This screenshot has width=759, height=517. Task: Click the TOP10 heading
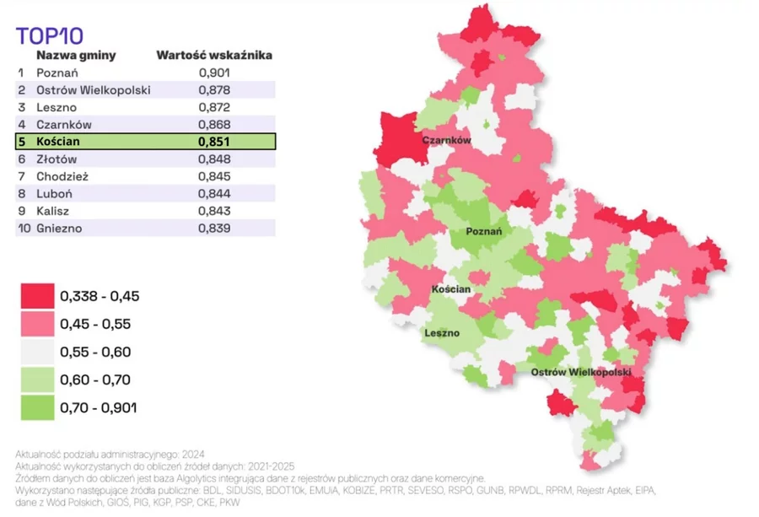tap(49, 35)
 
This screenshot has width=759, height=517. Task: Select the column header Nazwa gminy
tap(76, 56)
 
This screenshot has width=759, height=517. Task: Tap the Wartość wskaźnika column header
tap(214, 56)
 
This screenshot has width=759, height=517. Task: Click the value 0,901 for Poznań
tap(214, 73)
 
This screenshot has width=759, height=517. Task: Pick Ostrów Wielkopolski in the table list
tap(93, 90)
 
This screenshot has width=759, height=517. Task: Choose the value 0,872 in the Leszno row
tap(214, 108)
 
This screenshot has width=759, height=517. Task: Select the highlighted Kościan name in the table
tap(58, 142)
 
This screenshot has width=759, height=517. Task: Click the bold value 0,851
tap(214, 142)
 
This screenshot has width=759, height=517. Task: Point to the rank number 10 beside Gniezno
tap(22, 228)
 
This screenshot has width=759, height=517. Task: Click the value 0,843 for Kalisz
tap(214, 211)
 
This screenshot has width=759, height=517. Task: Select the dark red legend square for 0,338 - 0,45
tap(37, 296)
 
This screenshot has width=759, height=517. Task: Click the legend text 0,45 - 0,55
tap(95, 324)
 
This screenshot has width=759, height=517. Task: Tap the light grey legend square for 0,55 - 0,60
tap(37, 352)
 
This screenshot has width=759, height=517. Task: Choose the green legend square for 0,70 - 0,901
tap(37, 408)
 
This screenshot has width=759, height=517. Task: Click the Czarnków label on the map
tap(446, 141)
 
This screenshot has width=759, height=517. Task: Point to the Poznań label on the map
tap(484, 231)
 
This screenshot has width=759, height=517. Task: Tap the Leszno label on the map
tap(443, 333)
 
